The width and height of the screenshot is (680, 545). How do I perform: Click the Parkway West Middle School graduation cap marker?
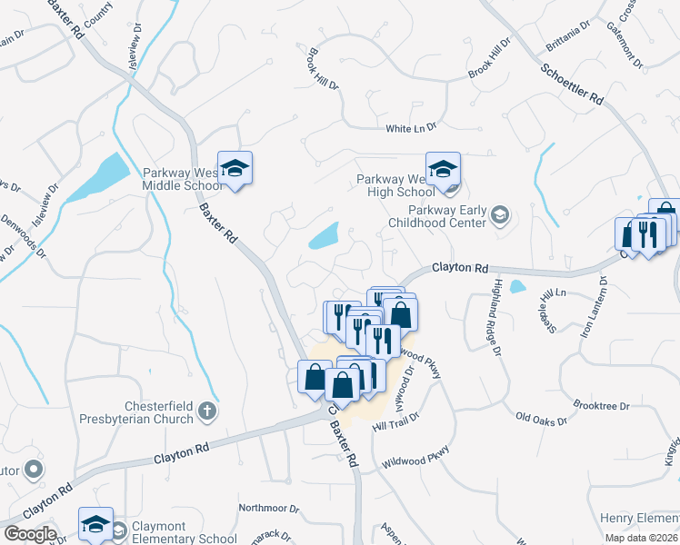point(235,169)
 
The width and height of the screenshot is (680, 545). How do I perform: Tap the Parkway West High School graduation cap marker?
point(443,170)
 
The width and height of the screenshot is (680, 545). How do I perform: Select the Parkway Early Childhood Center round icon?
point(498,215)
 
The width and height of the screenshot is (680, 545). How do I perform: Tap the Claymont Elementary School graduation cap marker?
point(95,525)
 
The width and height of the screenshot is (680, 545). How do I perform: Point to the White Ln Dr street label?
point(411,129)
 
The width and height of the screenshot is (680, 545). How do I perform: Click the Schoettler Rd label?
point(573,83)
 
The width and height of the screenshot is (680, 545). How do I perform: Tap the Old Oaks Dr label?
point(541,420)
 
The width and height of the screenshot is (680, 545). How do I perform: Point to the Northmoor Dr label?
point(268,508)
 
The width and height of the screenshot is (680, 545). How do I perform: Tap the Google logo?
point(30,534)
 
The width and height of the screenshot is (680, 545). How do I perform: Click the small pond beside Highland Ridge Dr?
point(517,287)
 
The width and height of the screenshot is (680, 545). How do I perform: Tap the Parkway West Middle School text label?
point(182,179)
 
